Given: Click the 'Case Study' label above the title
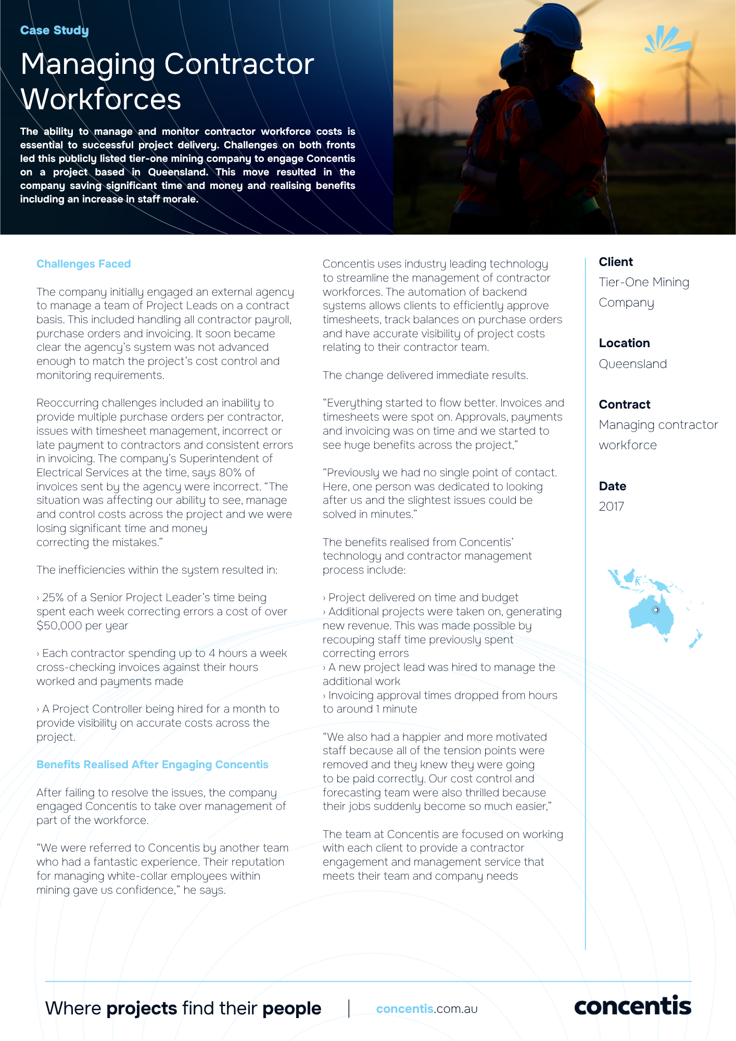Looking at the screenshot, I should (54, 30).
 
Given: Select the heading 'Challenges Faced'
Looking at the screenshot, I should (83, 264).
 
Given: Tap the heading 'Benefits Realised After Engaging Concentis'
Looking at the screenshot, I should (152, 765).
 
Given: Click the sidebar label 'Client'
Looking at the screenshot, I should (615, 262).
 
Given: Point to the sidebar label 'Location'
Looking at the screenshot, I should (624, 343).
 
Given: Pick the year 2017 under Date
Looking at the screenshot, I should (611, 506).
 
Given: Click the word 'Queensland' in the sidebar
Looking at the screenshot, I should (632, 364).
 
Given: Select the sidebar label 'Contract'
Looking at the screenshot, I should (624, 404).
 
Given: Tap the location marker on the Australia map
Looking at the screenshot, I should (656, 610).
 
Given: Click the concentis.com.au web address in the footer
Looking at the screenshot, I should (426, 1009).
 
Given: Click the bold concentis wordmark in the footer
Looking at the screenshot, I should (632, 1006).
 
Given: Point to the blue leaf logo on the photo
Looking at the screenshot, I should (667, 41).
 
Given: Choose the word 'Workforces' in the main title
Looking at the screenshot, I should (100, 99).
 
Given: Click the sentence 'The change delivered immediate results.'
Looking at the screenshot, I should (425, 375).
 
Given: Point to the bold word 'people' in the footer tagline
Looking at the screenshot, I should (291, 1008).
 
